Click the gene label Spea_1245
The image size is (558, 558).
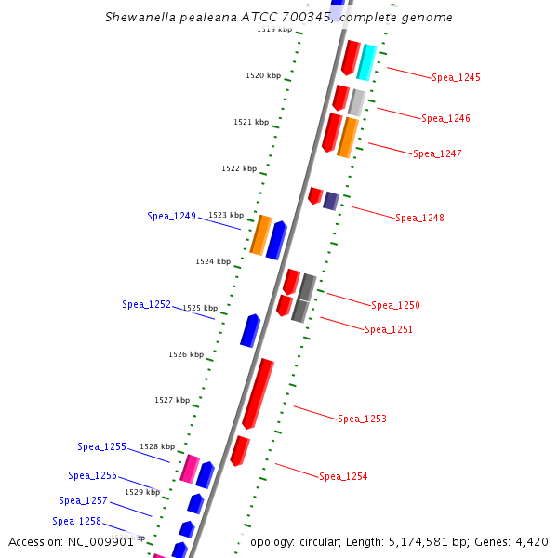[456, 77]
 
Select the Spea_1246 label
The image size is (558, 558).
[445, 118]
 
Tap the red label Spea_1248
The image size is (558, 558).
[419, 218]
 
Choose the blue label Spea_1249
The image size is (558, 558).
[171, 216]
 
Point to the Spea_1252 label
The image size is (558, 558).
[146, 304]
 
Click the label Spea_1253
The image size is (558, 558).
[362, 418]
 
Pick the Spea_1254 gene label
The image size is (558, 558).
[343, 476]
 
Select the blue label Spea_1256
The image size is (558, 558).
[92, 475]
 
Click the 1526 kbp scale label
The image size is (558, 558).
[186, 354]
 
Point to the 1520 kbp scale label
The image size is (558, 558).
[262, 75]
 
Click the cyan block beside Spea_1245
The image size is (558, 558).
[366, 61]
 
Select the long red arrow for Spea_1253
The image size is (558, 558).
[258, 393]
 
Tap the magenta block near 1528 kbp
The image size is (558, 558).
[190, 469]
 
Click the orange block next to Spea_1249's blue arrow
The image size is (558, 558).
[261, 234]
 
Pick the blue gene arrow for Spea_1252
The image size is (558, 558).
[249, 330]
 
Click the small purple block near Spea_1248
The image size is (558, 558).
[330, 200]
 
